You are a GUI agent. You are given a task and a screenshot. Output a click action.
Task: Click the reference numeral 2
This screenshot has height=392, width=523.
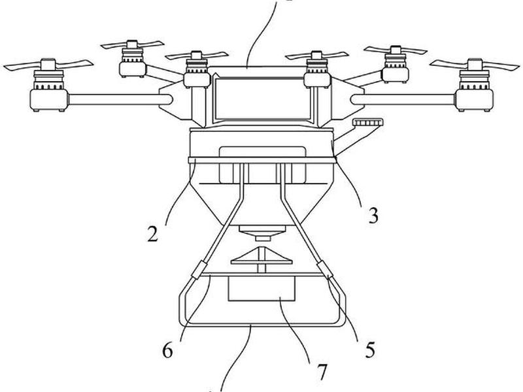click(x=152, y=234)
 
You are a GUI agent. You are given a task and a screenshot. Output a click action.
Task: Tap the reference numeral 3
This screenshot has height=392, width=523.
click(x=373, y=216)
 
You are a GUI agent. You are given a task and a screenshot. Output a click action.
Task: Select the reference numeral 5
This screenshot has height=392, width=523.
click(x=370, y=350)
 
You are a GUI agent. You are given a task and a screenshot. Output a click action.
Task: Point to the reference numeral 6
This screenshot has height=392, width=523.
click(x=167, y=351)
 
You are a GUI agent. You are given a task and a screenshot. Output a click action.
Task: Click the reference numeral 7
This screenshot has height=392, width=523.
click(x=322, y=372)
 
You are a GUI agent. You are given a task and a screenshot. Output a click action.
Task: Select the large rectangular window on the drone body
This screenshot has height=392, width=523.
click(x=263, y=99)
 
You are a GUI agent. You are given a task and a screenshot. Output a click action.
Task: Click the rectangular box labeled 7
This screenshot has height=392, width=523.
click(x=261, y=289)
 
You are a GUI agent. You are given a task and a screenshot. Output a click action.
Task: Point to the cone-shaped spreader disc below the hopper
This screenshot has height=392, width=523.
click(x=261, y=256)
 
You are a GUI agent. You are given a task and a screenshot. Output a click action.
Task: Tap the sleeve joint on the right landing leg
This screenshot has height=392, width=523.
click(x=325, y=270)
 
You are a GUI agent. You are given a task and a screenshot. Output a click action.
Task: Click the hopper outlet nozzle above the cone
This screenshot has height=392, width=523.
click(x=262, y=233)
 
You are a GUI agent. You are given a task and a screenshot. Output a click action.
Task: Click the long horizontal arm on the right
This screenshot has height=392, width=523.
click(x=403, y=100)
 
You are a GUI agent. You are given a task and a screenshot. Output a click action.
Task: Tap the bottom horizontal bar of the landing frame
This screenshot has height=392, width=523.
click(x=263, y=323)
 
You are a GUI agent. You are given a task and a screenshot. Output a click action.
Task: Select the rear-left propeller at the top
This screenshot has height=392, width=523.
click(x=132, y=44)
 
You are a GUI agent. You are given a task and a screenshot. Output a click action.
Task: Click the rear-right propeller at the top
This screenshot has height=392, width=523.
click(x=396, y=50)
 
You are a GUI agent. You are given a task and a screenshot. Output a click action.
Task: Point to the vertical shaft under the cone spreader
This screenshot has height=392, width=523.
click(x=262, y=269)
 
